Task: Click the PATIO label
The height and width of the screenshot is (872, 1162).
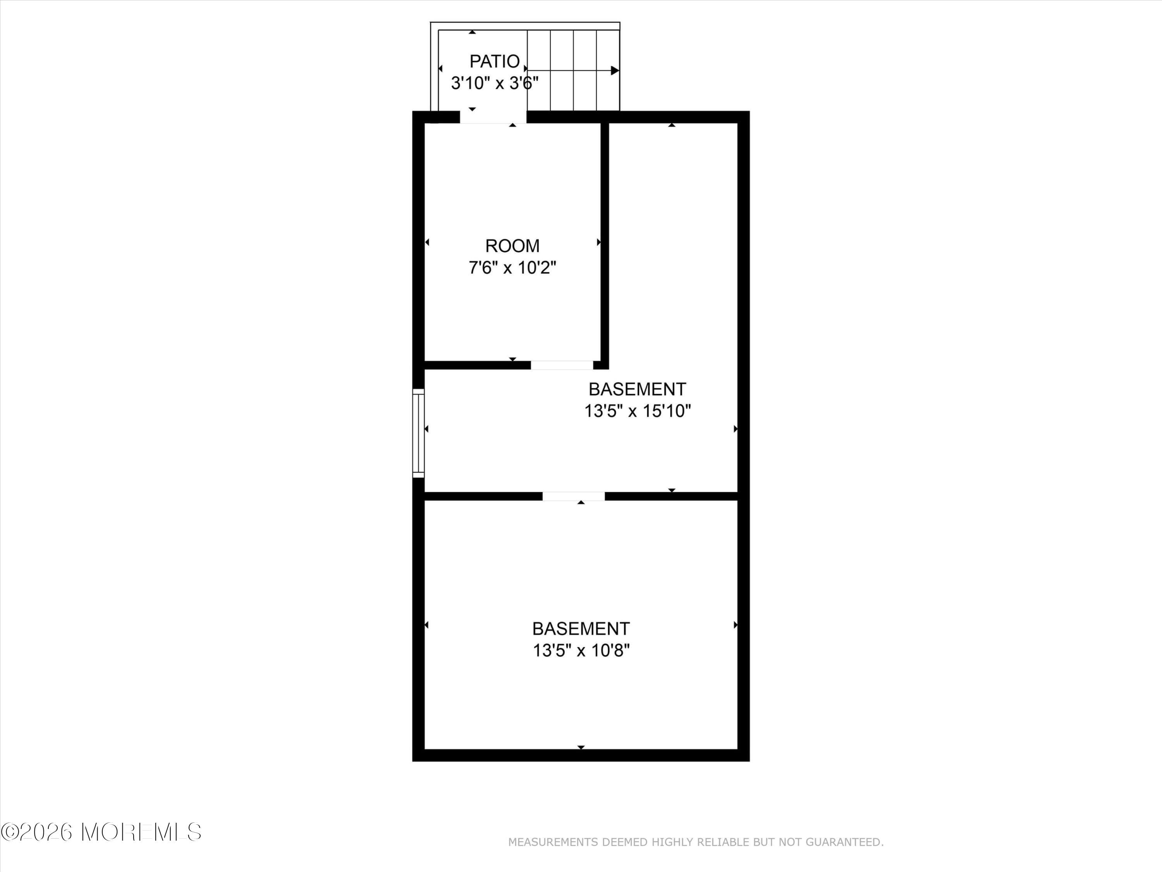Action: pyautogui.click(x=494, y=62)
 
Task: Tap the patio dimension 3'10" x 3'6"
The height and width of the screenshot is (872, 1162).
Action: pyautogui.click(x=494, y=83)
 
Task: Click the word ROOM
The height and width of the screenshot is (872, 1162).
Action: pyautogui.click(x=512, y=246)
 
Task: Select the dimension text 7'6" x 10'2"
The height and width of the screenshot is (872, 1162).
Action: pyautogui.click(x=512, y=268)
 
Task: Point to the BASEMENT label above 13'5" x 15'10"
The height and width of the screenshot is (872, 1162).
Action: pyautogui.click(x=637, y=389)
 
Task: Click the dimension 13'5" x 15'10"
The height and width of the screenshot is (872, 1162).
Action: pyautogui.click(x=637, y=411)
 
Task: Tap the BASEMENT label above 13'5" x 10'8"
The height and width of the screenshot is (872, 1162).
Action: pyautogui.click(x=581, y=629)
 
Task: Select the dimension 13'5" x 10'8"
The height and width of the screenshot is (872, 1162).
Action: pyautogui.click(x=581, y=651)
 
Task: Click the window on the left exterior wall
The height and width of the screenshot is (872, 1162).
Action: pyautogui.click(x=418, y=433)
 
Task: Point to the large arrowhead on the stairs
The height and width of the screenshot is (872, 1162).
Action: pyautogui.click(x=615, y=71)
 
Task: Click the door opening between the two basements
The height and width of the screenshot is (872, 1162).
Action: pyautogui.click(x=574, y=496)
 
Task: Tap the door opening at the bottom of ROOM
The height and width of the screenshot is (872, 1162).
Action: pyautogui.click(x=562, y=365)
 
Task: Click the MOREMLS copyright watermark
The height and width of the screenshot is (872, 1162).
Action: pyautogui.click(x=101, y=832)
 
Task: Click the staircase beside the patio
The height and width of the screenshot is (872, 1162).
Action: pyautogui.click(x=573, y=71)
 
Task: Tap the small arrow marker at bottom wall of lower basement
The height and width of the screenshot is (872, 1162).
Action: pyautogui.click(x=581, y=747)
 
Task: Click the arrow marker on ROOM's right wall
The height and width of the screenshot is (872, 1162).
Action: pyautogui.click(x=599, y=242)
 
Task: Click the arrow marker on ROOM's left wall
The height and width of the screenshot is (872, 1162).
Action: pyautogui.click(x=427, y=242)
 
